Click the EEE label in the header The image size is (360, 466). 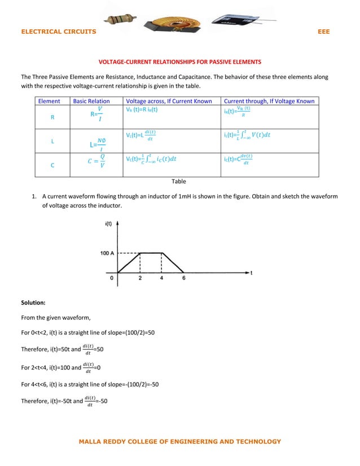point(323,32)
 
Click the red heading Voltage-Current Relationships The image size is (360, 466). point(180,61)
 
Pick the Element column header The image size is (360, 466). point(49,102)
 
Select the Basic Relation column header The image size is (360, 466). point(91,102)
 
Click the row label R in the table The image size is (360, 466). point(52,118)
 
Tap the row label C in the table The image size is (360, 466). point(52,165)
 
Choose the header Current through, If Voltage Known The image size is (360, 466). point(269,102)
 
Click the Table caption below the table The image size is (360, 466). point(179,182)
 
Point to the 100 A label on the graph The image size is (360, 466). point(108,253)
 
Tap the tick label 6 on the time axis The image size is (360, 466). point(184,278)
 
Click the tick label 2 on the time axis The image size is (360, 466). point(140,278)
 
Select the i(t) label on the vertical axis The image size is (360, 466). point(108,225)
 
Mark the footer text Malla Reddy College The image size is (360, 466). point(179,442)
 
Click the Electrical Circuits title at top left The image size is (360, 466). point(58,32)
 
